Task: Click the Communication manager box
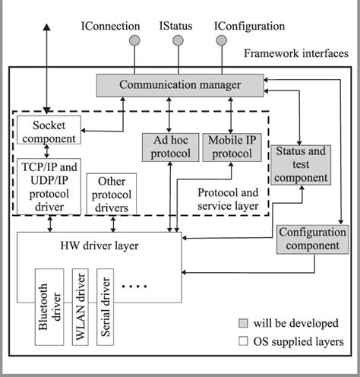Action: (179, 85)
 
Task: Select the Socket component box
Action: (49, 131)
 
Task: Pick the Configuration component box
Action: (308, 239)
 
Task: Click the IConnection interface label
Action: (110, 27)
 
